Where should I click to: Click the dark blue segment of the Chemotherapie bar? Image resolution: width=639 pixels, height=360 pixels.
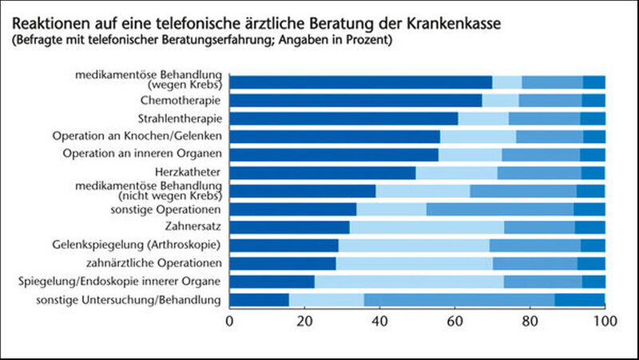pos(356,100)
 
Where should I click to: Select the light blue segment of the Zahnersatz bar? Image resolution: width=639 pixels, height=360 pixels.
pos(427,227)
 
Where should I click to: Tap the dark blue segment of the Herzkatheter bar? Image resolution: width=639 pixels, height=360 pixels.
pos(323,172)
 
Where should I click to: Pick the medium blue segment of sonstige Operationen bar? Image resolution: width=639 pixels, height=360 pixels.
pos(499,209)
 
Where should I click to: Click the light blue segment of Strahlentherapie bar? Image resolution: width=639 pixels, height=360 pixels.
pos(483,118)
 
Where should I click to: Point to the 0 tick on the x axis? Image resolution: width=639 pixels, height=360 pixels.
pos(230,322)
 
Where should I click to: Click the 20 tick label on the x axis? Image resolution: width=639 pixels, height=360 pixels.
pos(305,322)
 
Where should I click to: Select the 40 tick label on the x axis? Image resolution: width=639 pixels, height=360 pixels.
pos(380,322)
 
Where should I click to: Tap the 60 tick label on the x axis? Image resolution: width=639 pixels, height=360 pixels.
pos(455,322)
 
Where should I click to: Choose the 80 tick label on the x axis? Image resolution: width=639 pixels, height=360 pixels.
pos(530,322)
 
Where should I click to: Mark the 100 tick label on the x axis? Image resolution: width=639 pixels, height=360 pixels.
pos(604,322)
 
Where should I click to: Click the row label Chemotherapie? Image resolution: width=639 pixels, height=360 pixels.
pos(181,100)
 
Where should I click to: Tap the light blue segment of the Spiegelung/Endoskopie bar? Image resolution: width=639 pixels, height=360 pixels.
pos(409,281)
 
